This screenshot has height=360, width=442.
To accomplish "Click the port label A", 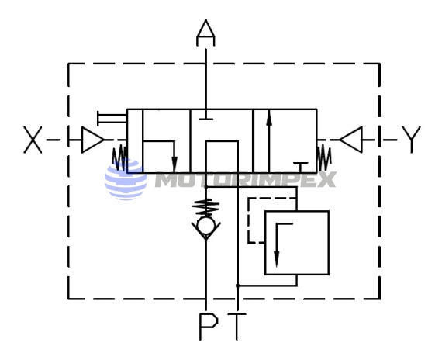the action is pyautogui.click(x=205, y=33).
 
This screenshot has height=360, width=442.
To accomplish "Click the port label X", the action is pyautogui.click(x=33, y=140).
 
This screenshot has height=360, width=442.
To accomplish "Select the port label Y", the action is pyautogui.click(x=411, y=140).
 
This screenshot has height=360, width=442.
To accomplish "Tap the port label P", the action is pyautogui.click(x=209, y=326).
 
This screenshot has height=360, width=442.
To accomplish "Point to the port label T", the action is pyautogui.click(x=237, y=327).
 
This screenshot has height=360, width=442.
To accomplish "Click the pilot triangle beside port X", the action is pyautogui.click(x=92, y=140).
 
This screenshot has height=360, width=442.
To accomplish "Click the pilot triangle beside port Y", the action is pyautogui.click(x=351, y=140).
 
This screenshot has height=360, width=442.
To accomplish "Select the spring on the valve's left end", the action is pyautogui.click(x=119, y=158).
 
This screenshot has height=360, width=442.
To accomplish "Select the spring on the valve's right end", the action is pyautogui.click(x=324, y=158).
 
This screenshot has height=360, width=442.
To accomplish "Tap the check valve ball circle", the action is pyautogui.click(x=206, y=226).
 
